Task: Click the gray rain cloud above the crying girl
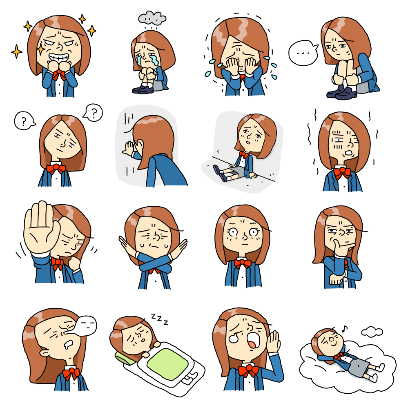tap(152, 18)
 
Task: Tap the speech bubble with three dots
tap(303, 53)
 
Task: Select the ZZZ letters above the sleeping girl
tap(160, 319)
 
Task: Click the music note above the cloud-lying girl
tap(345, 329)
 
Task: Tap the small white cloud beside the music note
tap(372, 332)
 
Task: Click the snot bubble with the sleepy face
tap(86, 326)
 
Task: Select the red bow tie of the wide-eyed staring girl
tap(243, 263)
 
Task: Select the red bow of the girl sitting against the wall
tap(244, 155)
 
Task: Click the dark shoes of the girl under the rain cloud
tap(143, 90)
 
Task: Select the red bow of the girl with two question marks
tap(56, 169)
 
